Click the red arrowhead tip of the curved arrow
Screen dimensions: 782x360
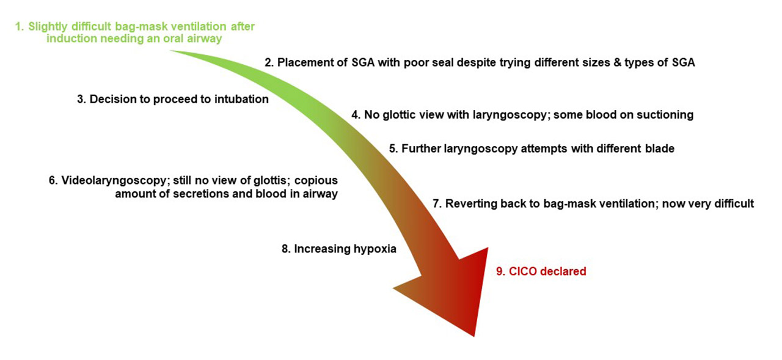pos(474,336)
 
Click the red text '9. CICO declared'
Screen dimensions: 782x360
pos(541,271)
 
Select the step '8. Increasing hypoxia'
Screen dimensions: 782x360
pos(339,249)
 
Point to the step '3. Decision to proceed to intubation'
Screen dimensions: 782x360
pos(173,99)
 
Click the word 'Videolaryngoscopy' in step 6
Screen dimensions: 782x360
pos(115,180)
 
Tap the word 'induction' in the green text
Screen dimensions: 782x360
pos(71,38)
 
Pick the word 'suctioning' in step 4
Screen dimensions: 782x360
pos(665,114)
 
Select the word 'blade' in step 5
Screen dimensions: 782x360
pos(659,149)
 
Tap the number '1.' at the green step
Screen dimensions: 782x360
pos(20,26)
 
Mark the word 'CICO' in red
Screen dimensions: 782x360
pos(522,271)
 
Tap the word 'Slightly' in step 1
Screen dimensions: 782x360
pos(48,26)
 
